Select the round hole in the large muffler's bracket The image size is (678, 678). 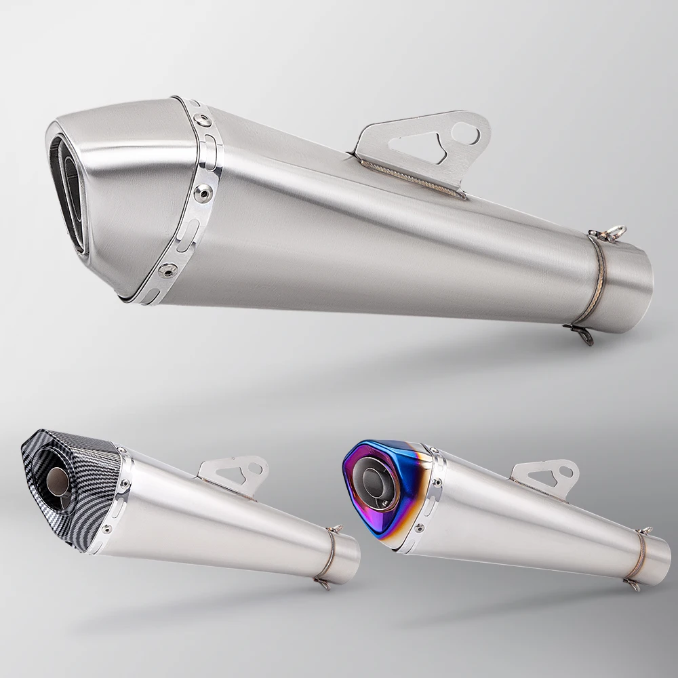pos(466,132)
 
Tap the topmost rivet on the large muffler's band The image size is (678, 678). pos(201,120)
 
